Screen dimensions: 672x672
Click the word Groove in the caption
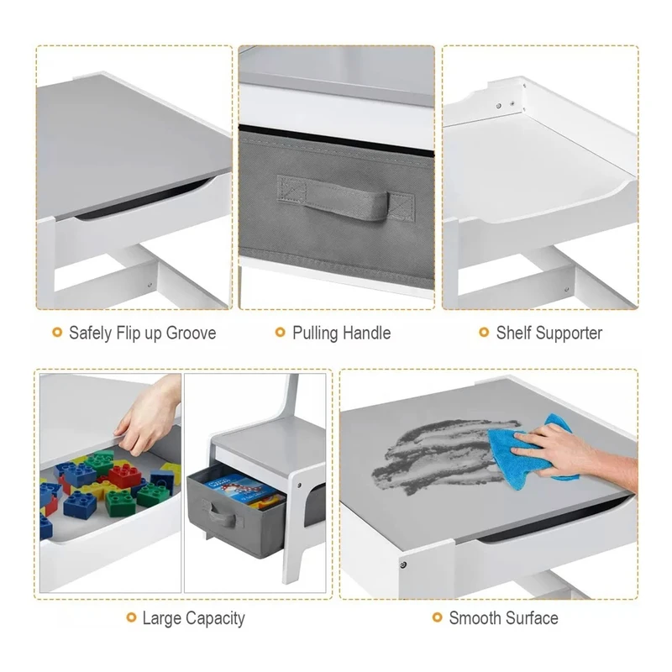(x=191, y=333)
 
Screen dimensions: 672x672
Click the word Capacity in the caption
(x=215, y=618)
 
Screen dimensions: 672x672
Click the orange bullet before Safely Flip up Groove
(x=57, y=332)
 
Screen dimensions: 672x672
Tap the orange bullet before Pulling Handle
(x=281, y=332)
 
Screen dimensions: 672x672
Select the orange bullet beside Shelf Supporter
(x=484, y=332)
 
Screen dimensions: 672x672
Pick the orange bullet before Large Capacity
(x=131, y=617)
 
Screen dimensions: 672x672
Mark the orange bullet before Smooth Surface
(x=437, y=617)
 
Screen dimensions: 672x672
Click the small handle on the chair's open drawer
(x=223, y=513)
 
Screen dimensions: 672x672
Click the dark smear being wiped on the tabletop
(x=446, y=454)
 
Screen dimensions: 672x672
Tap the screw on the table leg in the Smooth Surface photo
(x=403, y=564)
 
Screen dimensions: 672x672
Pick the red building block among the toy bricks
(x=125, y=475)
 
